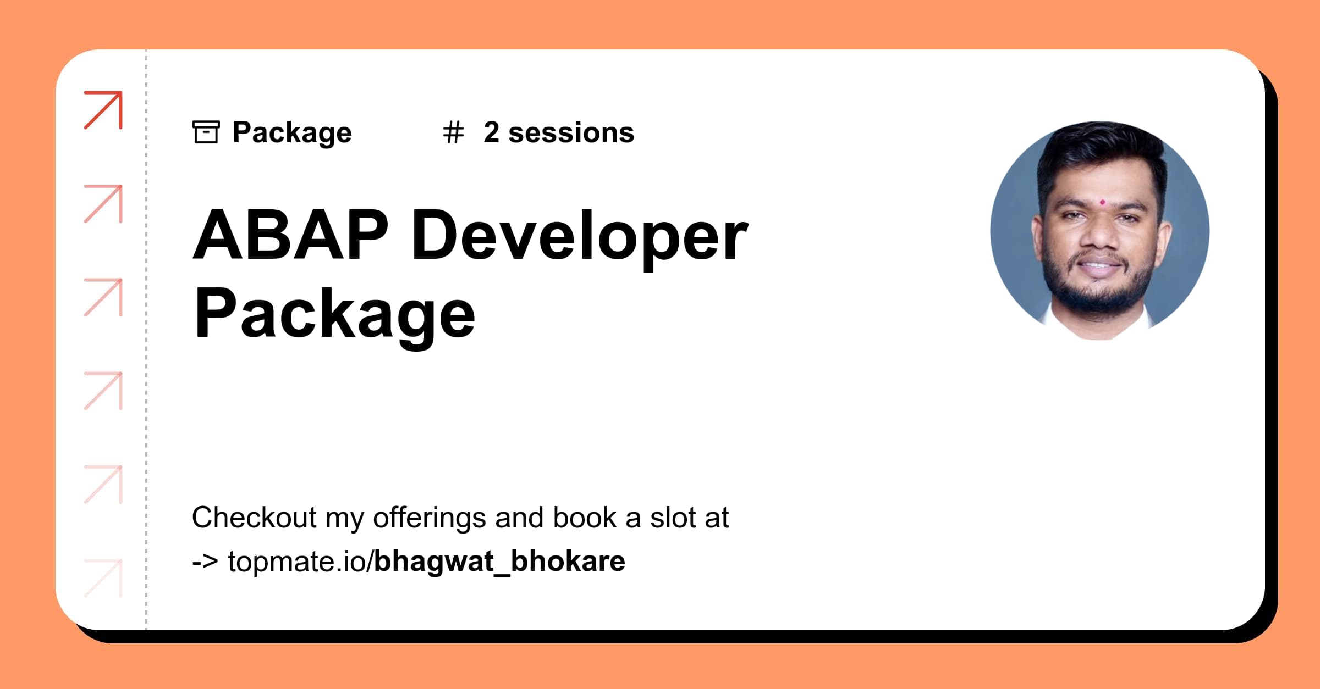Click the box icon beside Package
206,132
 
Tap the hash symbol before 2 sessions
454,132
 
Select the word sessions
571,133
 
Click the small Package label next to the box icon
292,133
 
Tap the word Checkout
255,518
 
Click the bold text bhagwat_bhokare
499,562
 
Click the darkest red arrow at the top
103,110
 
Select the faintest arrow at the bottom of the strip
103,578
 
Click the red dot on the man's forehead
1102,202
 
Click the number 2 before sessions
491,132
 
